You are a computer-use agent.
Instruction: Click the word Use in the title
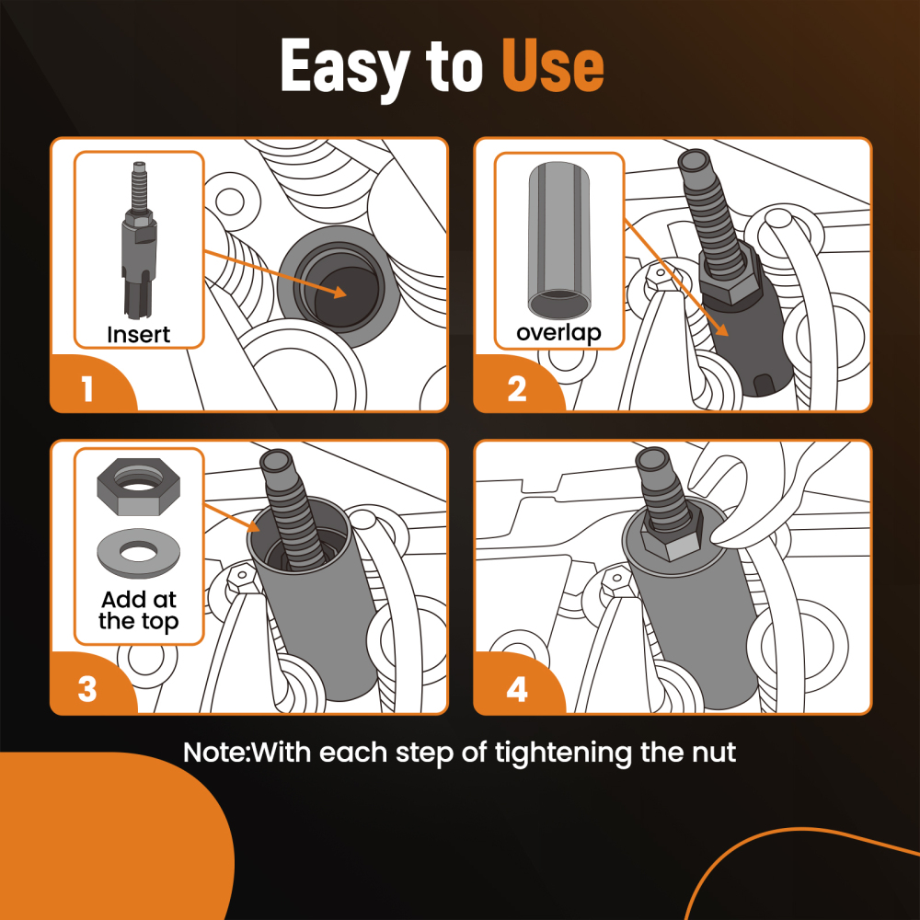point(552,67)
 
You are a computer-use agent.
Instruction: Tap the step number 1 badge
point(87,389)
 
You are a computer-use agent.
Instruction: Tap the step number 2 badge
point(517,389)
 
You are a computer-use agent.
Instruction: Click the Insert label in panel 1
point(138,333)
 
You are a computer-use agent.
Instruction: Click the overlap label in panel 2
point(559,333)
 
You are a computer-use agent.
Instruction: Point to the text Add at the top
point(138,610)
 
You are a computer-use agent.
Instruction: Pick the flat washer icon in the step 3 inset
point(138,549)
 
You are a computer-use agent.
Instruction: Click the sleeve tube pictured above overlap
point(558,240)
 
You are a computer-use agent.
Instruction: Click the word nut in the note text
point(713,753)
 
